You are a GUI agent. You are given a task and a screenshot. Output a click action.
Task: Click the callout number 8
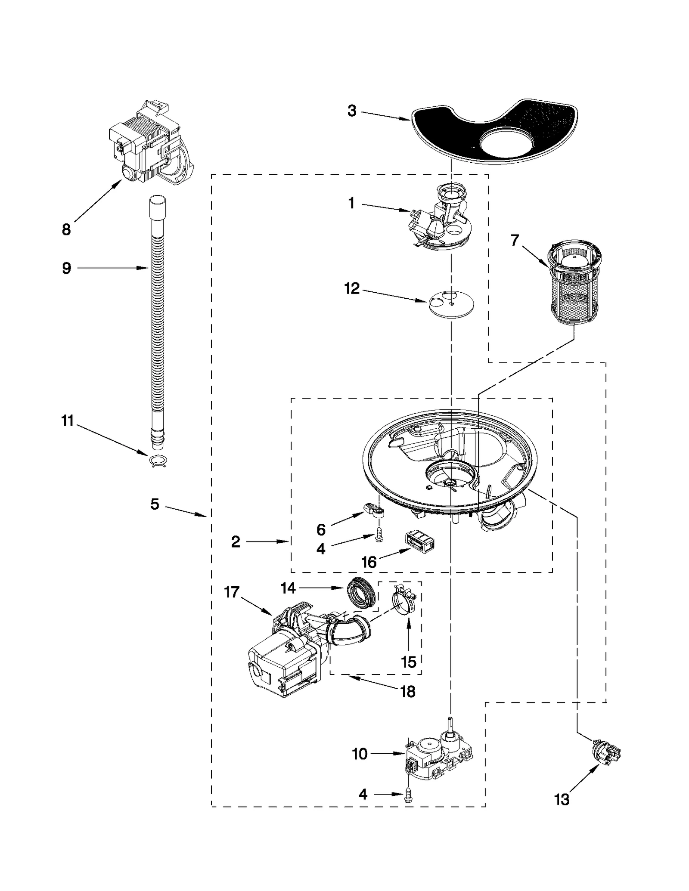pyautogui.click(x=66, y=230)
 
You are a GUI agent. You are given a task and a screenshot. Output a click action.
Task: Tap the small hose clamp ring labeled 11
pyautogui.click(x=158, y=461)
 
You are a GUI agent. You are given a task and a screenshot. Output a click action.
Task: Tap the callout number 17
pyautogui.click(x=232, y=592)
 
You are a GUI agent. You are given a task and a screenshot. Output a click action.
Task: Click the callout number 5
pyautogui.click(x=155, y=504)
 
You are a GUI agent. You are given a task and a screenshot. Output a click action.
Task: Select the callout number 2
pyautogui.click(x=235, y=541)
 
